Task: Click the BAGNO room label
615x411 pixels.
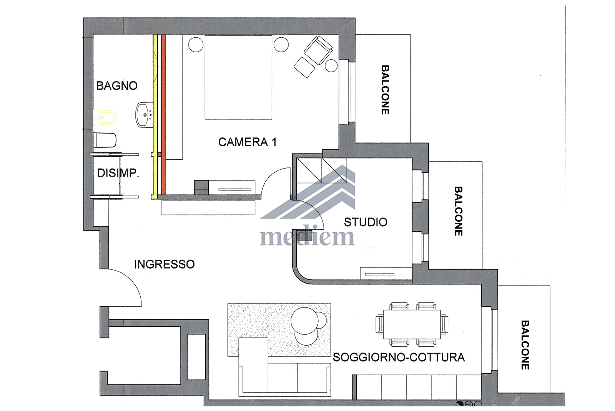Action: (x=117, y=86)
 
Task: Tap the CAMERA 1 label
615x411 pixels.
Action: (x=248, y=142)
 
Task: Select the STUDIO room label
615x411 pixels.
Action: (x=366, y=222)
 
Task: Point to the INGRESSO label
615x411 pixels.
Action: (x=164, y=264)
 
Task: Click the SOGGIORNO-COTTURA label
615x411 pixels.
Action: (x=399, y=358)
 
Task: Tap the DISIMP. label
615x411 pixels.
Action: (x=118, y=173)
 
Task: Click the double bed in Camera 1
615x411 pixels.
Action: (x=238, y=77)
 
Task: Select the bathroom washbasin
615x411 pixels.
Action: (x=145, y=115)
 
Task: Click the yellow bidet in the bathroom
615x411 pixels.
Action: (x=105, y=118)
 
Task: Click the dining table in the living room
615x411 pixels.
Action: (x=412, y=324)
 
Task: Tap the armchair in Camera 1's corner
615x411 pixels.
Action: (x=318, y=50)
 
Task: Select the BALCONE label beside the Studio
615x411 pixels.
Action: (x=458, y=211)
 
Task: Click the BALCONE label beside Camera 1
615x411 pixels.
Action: (x=385, y=90)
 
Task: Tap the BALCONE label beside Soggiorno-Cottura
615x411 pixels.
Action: (x=525, y=345)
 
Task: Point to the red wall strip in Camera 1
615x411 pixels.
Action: (x=164, y=114)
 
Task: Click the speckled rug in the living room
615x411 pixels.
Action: (x=279, y=330)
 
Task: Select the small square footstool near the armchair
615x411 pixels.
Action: (x=304, y=67)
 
